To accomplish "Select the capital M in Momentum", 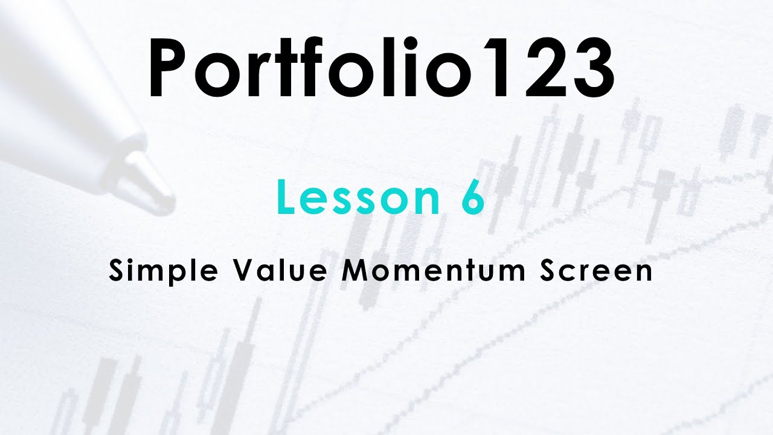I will point(355,271).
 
